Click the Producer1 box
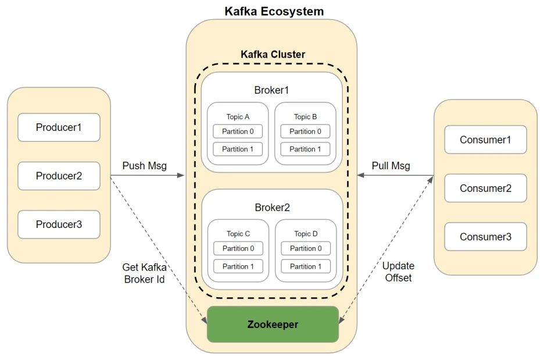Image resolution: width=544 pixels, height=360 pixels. click(59, 127)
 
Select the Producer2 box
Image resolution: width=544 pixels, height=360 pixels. click(59, 176)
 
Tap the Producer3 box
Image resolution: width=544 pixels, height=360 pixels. click(59, 224)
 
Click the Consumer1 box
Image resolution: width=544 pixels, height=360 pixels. click(485, 140)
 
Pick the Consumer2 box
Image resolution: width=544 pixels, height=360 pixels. click(485, 188)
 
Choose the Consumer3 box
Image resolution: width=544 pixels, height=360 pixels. click(485, 237)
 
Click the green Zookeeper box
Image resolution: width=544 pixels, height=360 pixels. click(273, 325)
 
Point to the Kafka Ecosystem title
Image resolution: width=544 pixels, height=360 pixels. click(274, 12)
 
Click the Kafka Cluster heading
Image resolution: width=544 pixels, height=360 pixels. click(273, 55)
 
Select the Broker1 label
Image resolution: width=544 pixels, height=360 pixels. click(271, 90)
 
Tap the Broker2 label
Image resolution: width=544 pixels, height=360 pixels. click(272, 208)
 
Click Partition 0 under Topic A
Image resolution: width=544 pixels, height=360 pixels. click(238, 131)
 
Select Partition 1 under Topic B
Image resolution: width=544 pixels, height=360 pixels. click(305, 149)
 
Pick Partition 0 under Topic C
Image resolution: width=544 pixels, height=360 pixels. click(238, 248)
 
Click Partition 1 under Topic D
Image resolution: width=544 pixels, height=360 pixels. click(306, 266)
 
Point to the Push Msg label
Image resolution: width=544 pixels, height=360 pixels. click(144, 166)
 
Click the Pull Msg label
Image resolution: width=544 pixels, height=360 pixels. click(391, 166)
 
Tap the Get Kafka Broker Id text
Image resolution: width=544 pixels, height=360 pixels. click(144, 273)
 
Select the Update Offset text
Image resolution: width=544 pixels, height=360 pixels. click(398, 272)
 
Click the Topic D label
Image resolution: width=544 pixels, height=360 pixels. click(306, 234)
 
